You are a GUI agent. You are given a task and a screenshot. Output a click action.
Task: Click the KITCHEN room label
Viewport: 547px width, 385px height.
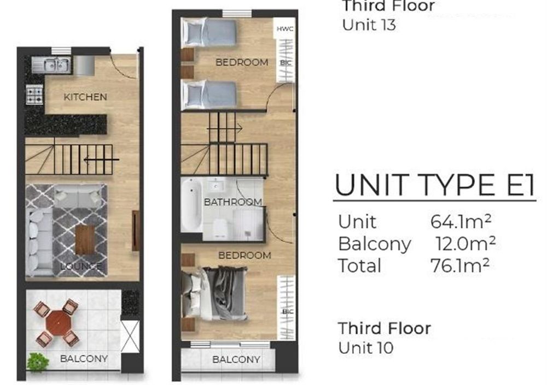tap(85, 97)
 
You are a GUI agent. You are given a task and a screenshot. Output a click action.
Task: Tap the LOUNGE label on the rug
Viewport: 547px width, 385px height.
tap(81, 266)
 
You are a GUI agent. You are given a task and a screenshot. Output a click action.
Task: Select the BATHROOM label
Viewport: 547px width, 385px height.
tap(232, 202)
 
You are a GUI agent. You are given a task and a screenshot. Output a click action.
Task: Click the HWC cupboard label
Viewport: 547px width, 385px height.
tap(285, 29)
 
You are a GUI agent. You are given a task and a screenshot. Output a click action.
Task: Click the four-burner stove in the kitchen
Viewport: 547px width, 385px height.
tap(35, 95)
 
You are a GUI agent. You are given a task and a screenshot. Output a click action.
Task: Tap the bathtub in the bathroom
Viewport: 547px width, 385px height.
tap(191, 205)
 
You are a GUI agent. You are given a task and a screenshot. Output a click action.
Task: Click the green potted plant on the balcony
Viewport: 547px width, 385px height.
tap(38, 362)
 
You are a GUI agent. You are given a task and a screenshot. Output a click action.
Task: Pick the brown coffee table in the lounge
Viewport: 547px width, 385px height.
tap(85, 240)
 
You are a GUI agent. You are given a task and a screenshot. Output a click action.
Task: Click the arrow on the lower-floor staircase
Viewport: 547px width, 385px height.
tap(102, 159)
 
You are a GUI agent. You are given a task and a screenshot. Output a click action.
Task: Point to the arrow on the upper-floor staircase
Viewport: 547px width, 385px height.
tap(224, 128)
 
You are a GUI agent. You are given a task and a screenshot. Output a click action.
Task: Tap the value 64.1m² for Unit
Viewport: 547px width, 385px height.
tap(461, 221)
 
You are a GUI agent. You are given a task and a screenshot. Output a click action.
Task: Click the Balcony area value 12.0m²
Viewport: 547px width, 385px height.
tap(465, 243)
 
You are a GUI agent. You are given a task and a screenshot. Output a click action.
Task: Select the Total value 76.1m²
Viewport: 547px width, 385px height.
tap(460, 265)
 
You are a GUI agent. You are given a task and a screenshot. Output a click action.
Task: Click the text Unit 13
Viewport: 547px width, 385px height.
tap(369, 25)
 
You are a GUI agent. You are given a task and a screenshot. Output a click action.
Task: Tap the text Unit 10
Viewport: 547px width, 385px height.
tap(365, 347)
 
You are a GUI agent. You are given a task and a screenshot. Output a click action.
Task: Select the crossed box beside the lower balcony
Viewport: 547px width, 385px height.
tap(130, 336)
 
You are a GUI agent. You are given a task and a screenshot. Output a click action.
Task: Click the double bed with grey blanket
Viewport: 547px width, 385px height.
tap(214, 293)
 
